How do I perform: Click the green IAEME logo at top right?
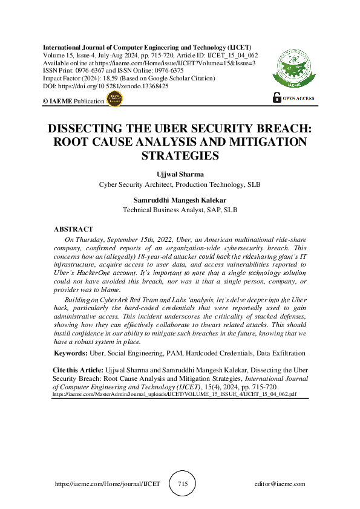coord(294,67)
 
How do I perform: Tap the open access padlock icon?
coord(277,97)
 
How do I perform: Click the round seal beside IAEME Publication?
coord(114,100)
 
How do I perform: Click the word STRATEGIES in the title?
coord(179,156)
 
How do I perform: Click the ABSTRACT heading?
coord(73,230)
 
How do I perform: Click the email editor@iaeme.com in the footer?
coord(280,484)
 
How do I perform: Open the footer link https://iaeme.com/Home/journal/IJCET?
coord(108,484)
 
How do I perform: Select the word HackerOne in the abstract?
coord(97,273)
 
